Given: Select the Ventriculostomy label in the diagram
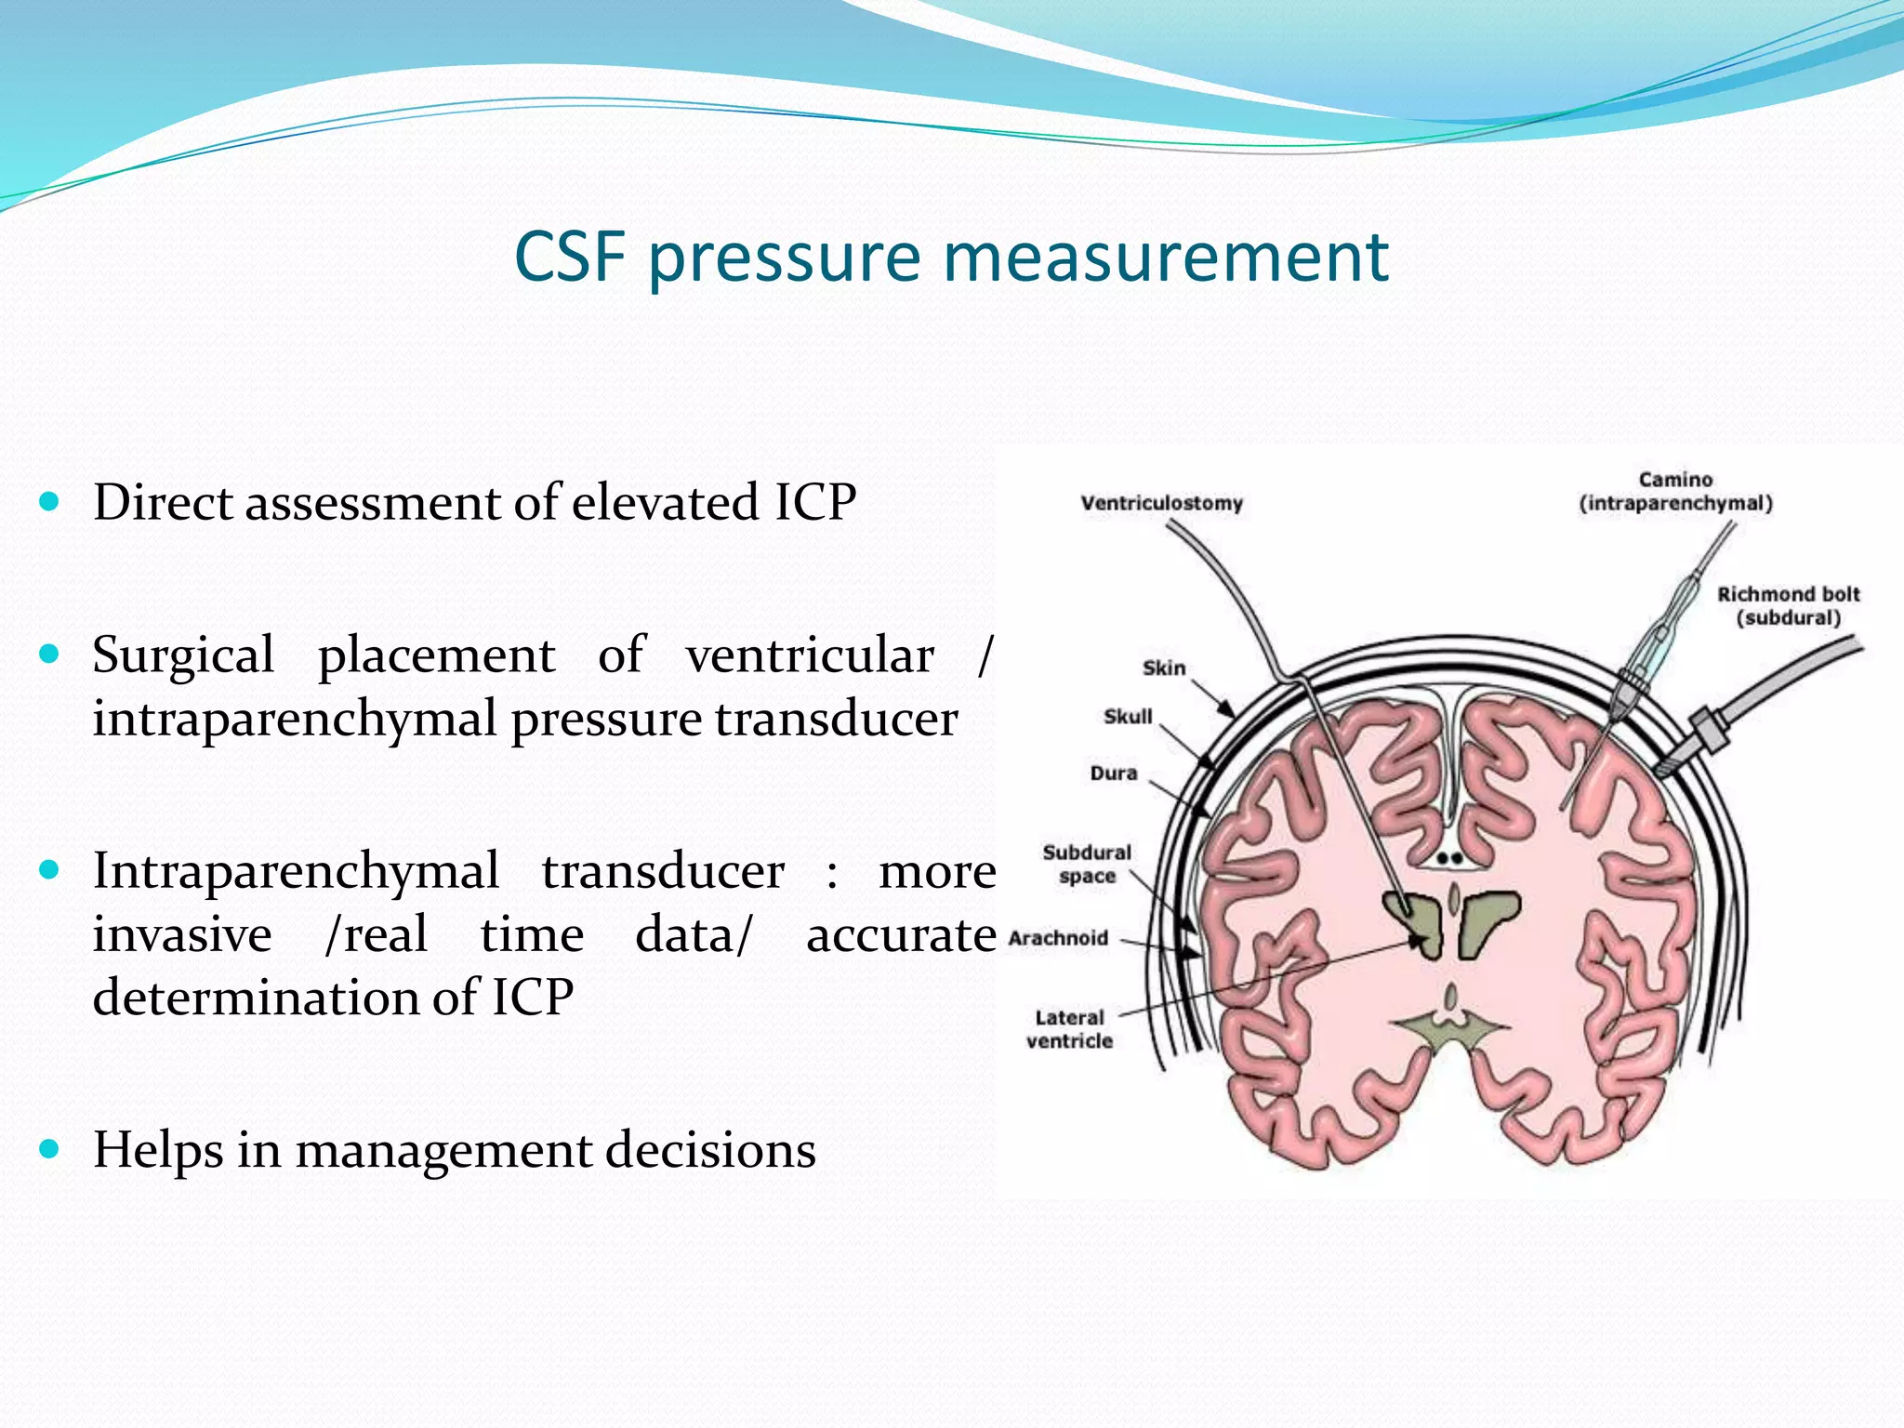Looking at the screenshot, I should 1161,503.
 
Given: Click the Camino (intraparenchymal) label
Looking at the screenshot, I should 1675,492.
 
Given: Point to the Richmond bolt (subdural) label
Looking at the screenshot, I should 1788,605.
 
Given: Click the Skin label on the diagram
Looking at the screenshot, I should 1163,668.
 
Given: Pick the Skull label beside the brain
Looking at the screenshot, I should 1128,716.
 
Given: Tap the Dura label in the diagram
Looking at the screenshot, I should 1113,773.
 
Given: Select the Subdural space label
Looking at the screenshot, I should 1086,864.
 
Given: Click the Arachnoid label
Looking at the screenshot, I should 1058,937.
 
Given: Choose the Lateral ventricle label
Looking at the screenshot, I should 1069,1029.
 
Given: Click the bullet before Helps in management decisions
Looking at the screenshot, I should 49,1149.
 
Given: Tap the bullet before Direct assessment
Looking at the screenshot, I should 49,502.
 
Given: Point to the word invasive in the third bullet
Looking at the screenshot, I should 182,934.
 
